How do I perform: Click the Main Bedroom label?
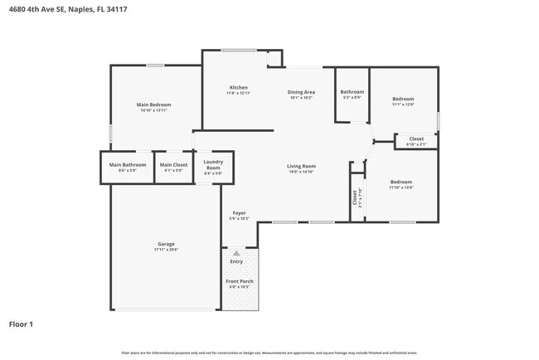click(155, 105)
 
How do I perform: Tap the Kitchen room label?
click(239, 88)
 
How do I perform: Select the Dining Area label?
click(301, 92)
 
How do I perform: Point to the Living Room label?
click(302, 166)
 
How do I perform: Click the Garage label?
click(166, 244)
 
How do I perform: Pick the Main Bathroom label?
click(128, 164)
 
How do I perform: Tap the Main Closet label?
click(174, 164)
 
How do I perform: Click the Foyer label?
click(239, 213)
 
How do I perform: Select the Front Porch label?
click(239, 281)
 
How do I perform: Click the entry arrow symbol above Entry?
click(237, 253)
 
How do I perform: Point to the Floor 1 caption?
click(21, 324)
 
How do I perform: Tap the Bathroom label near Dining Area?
click(352, 92)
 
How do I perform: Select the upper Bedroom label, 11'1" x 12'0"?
click(403, 100)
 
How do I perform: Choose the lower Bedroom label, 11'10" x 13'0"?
click(401, 182)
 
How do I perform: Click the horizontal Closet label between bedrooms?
click(416, 139)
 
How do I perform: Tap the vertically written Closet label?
click(354, 197)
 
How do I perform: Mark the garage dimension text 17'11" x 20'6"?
click(166, 250)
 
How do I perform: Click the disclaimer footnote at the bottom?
click(269, 353)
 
